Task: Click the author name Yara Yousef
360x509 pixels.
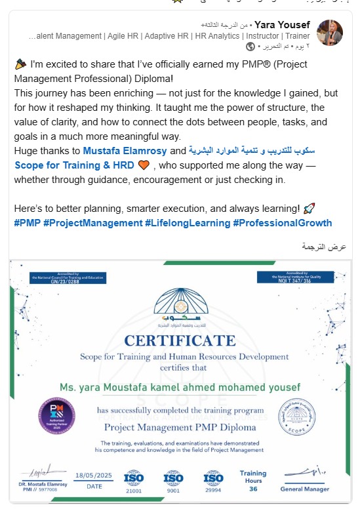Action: point(283,25)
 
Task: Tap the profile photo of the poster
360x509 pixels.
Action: point(330,33)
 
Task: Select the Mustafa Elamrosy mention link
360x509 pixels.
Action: point(125,151)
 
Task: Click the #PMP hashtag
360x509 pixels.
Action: point(26,223)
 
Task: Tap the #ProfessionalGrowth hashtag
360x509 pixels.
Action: point(283,223)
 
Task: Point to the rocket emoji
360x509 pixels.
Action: point(310,209)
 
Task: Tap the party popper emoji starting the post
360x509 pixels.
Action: point(20,65)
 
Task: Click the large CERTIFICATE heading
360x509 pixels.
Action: point(180,340)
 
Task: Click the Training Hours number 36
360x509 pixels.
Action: point(252,489)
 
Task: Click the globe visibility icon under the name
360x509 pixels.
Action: point(250,47)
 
